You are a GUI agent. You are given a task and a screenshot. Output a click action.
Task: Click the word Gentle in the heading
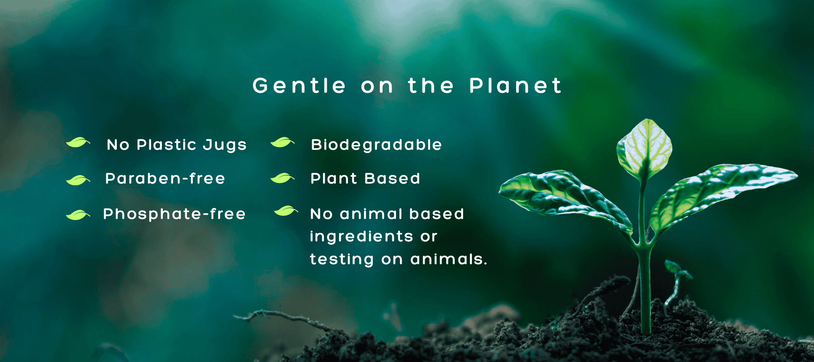pos(299,86)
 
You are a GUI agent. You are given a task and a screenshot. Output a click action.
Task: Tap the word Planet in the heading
pos(515,86)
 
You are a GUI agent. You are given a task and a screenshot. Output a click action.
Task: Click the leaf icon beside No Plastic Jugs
pos(78,142)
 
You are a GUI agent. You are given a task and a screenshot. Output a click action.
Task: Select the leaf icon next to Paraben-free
pos(78,180)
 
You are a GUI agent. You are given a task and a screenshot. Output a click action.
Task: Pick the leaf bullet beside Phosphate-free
pos(78,215)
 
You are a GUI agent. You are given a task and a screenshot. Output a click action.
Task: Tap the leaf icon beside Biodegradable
pos(282,142)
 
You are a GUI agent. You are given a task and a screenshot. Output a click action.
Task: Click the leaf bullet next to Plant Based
pos(282,178)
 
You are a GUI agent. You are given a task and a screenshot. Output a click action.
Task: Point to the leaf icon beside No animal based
pos(286,211)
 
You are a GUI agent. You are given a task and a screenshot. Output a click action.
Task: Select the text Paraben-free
pos(165,178)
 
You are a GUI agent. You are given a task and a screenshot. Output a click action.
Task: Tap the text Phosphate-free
pos(175,214)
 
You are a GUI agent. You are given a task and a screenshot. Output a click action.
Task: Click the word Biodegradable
pos(376,145)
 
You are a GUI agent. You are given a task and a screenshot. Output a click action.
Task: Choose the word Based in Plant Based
pos(392,178)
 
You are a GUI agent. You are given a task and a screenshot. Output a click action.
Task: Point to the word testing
pos(342,259)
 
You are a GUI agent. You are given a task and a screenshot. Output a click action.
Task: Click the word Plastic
pos(167,145)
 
